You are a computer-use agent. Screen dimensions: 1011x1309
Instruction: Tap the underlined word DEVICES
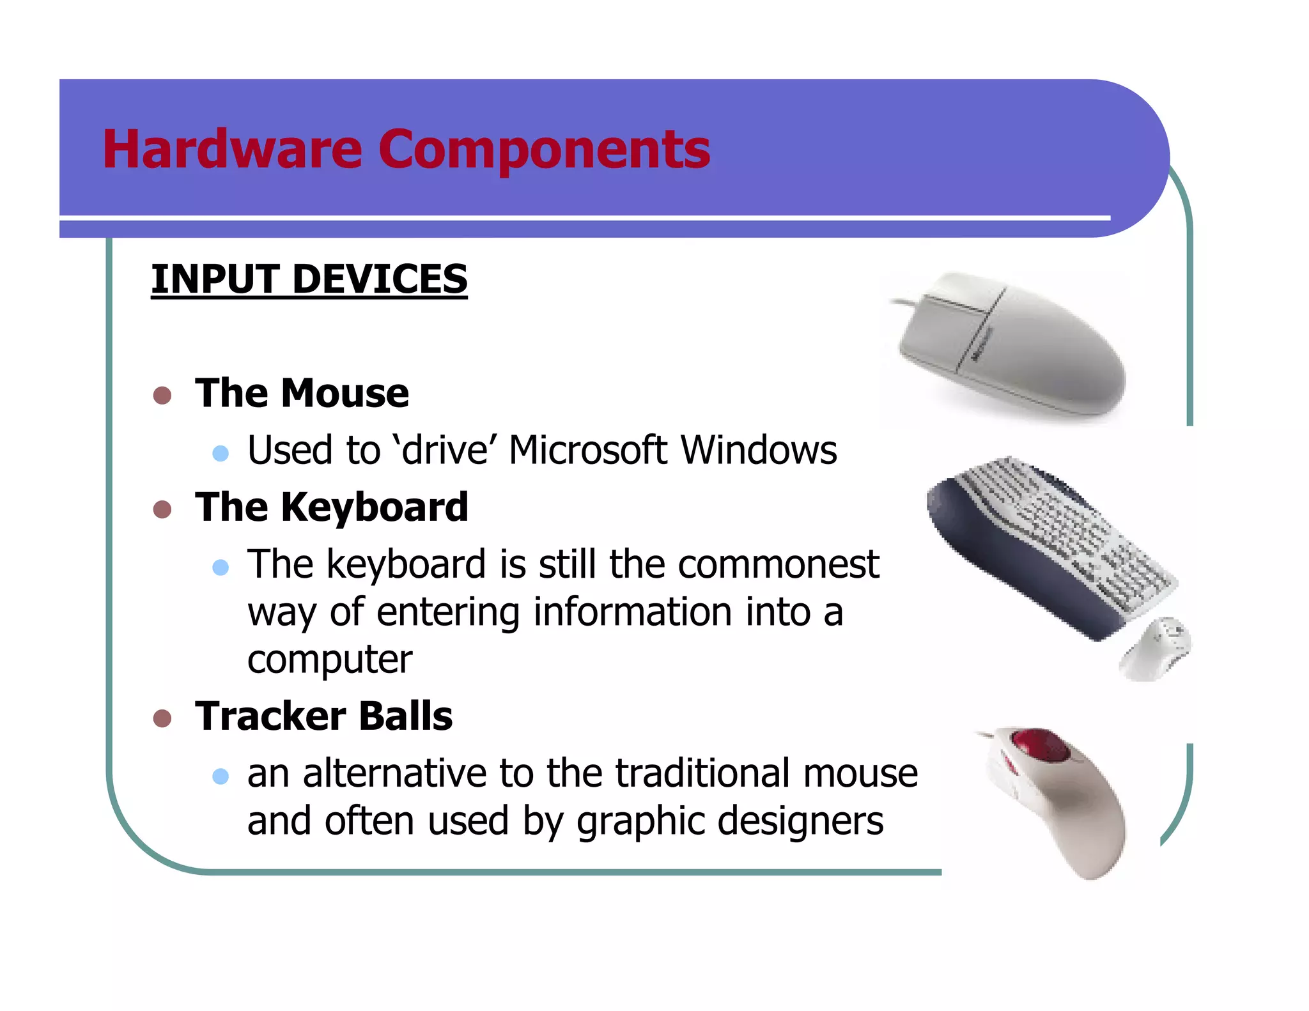380,279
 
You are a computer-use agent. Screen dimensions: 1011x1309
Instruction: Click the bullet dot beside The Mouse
162,396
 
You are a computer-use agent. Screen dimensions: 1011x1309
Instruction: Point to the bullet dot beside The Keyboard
162,509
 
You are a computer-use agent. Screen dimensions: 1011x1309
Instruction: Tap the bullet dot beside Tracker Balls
162,718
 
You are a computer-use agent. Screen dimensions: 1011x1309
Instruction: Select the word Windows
759,450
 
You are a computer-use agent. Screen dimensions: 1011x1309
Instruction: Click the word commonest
778,564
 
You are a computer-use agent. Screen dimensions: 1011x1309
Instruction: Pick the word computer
330,660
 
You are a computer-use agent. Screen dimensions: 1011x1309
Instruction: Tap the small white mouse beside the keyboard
1156,649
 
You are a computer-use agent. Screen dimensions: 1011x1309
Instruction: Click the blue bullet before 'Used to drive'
221,454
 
